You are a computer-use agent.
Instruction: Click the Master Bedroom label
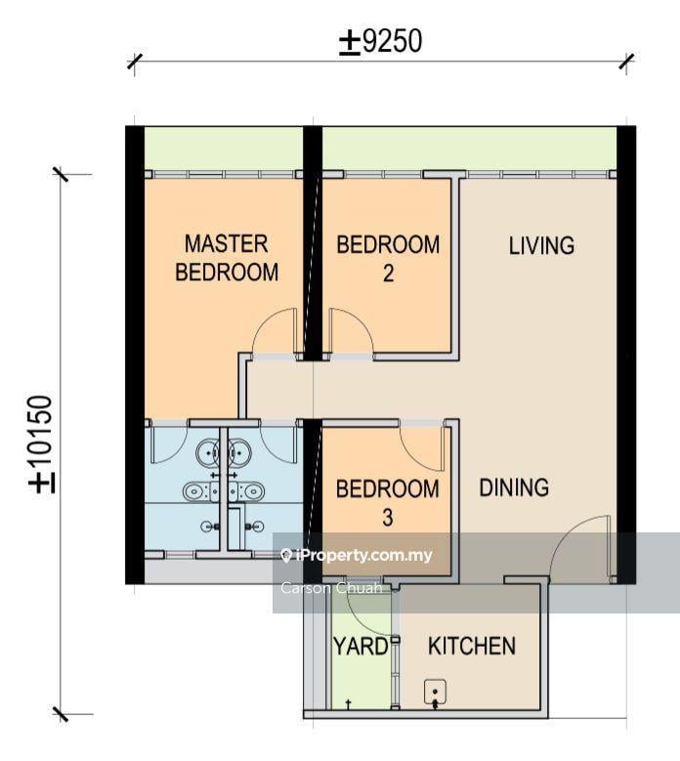click(x=227, y=258)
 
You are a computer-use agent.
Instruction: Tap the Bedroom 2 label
click(x=388, y=259)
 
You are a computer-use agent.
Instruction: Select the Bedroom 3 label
click(x=387, y=503)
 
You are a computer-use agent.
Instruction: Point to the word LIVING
click(x=541, y=245)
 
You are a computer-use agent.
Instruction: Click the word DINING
click(x=514, y=487)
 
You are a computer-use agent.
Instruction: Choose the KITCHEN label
click(x=472, y=646)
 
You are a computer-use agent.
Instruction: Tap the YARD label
click(x=361, y=646)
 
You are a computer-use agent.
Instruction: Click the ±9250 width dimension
click(x=380, y=41)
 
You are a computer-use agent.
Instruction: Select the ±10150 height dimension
click(x=41, y=444)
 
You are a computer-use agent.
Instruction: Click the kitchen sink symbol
click(x=435, y=693)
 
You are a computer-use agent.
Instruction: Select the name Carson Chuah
click(x=331, y=588)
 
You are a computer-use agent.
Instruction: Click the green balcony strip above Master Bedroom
click(x=224, y=148)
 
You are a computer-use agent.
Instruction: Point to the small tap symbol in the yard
click(x=348, y=703)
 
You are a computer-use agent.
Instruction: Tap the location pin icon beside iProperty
click(x=286, y=556)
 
